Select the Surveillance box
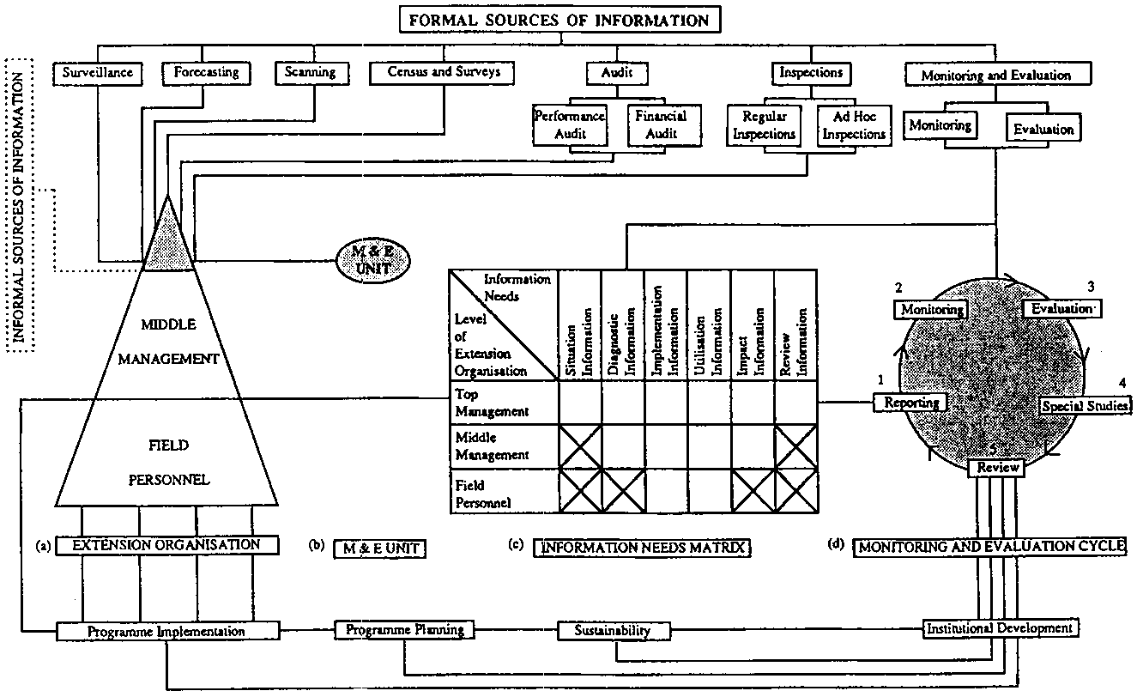coord(98,73)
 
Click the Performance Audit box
coord(570,124)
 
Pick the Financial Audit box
coord(656,124)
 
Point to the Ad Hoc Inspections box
coord(852,124)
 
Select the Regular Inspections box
coord(764,124)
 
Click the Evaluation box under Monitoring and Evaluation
coord(1043,130)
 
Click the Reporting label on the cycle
coord(910,402)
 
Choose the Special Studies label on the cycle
coord(1085,406)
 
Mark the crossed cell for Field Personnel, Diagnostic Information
coord(623,491)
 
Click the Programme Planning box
coord(404,630)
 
